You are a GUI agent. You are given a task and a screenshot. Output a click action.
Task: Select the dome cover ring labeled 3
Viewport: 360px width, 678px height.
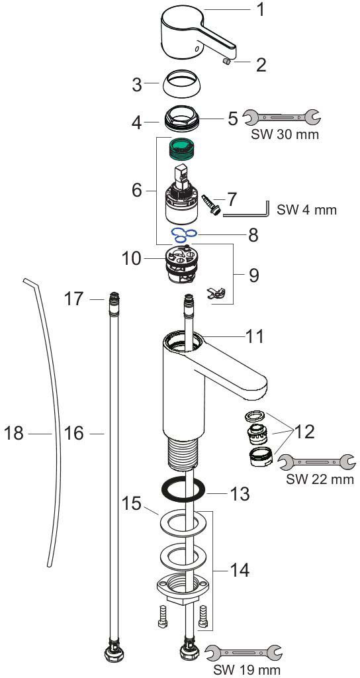[x=181, y=83]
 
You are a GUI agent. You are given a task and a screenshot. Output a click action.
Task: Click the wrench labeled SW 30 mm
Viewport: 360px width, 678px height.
[x=281, y=117]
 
